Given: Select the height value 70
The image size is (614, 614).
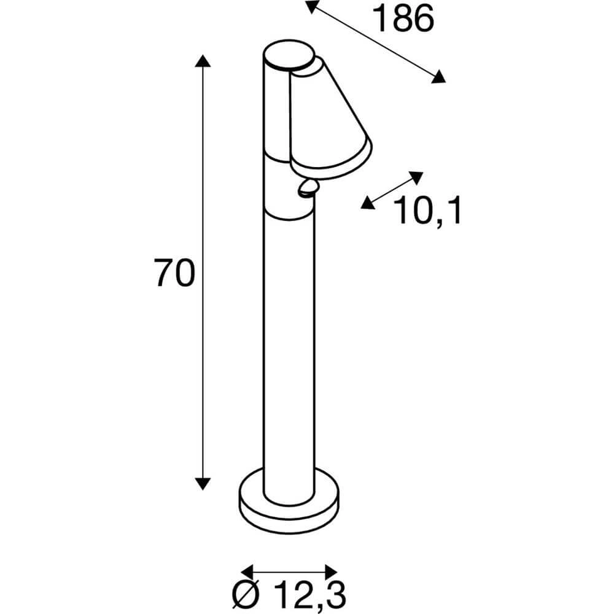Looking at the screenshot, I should pos(174,273).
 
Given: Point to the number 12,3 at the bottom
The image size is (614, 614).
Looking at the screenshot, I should pos(311,594).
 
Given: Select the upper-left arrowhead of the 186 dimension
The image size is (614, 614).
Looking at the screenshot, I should pos(312,7).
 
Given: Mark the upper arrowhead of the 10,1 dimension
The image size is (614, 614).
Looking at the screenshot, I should pos(417,177).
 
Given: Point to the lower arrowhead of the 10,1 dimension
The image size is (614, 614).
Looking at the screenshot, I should pos(368,203).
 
